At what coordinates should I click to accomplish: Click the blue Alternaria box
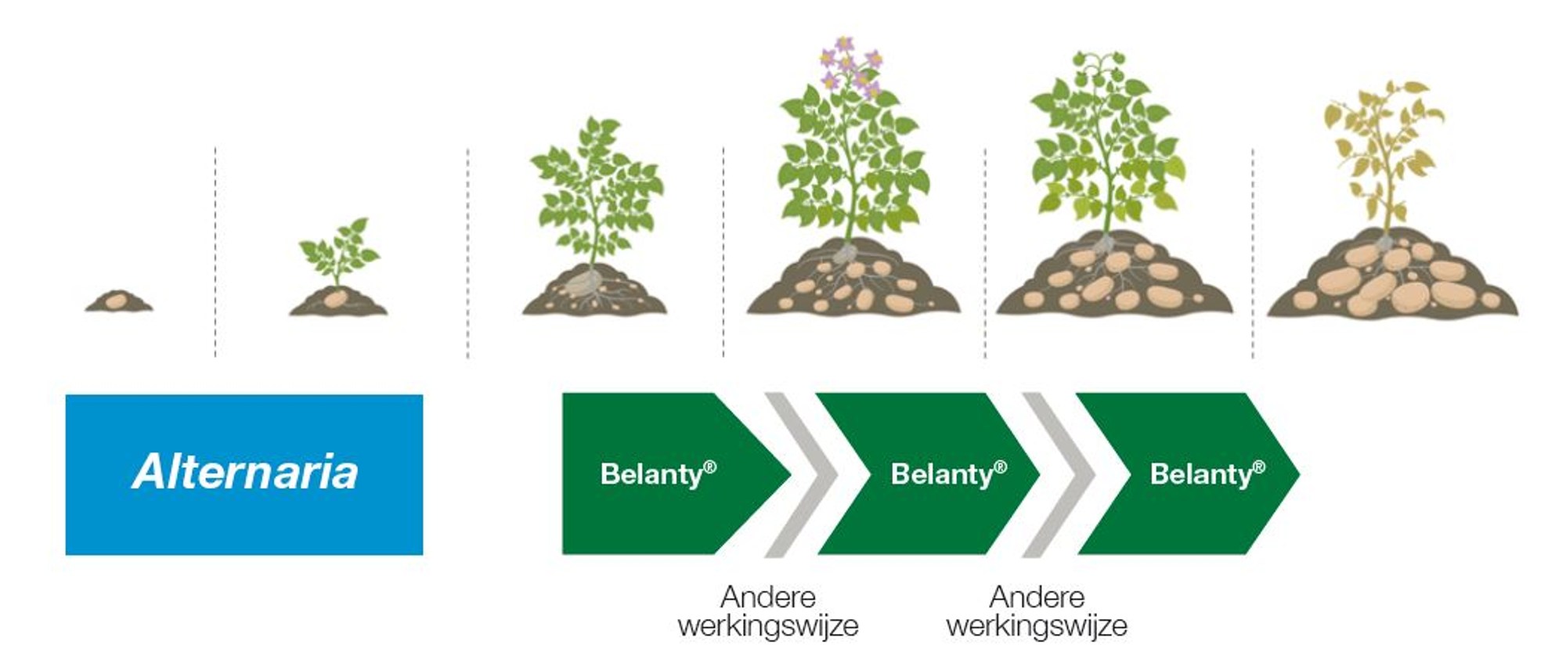244,474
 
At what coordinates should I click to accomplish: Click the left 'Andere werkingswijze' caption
768,611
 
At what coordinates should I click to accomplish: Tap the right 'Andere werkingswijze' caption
1037,611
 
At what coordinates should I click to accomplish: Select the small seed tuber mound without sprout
118,301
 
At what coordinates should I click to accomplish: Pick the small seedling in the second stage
339,252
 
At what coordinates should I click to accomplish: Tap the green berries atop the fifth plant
1100,67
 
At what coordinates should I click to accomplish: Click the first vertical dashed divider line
215,250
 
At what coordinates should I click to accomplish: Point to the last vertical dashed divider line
1253,250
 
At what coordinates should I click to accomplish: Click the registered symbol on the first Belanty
710,467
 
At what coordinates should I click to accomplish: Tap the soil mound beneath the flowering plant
853,286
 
